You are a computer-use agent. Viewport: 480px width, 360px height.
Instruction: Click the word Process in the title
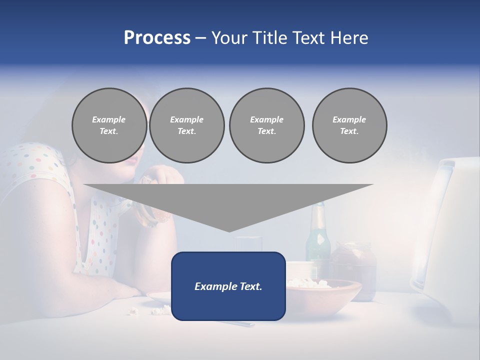157,38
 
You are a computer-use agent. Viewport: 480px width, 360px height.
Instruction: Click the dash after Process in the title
200,38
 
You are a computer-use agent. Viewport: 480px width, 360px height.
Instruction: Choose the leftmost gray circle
109,125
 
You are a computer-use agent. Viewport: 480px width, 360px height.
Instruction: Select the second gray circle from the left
186,125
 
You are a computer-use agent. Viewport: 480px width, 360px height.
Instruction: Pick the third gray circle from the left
266,125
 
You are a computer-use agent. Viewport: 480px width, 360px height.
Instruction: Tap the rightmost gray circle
349,125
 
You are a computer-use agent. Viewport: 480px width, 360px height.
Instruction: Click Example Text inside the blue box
228,286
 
